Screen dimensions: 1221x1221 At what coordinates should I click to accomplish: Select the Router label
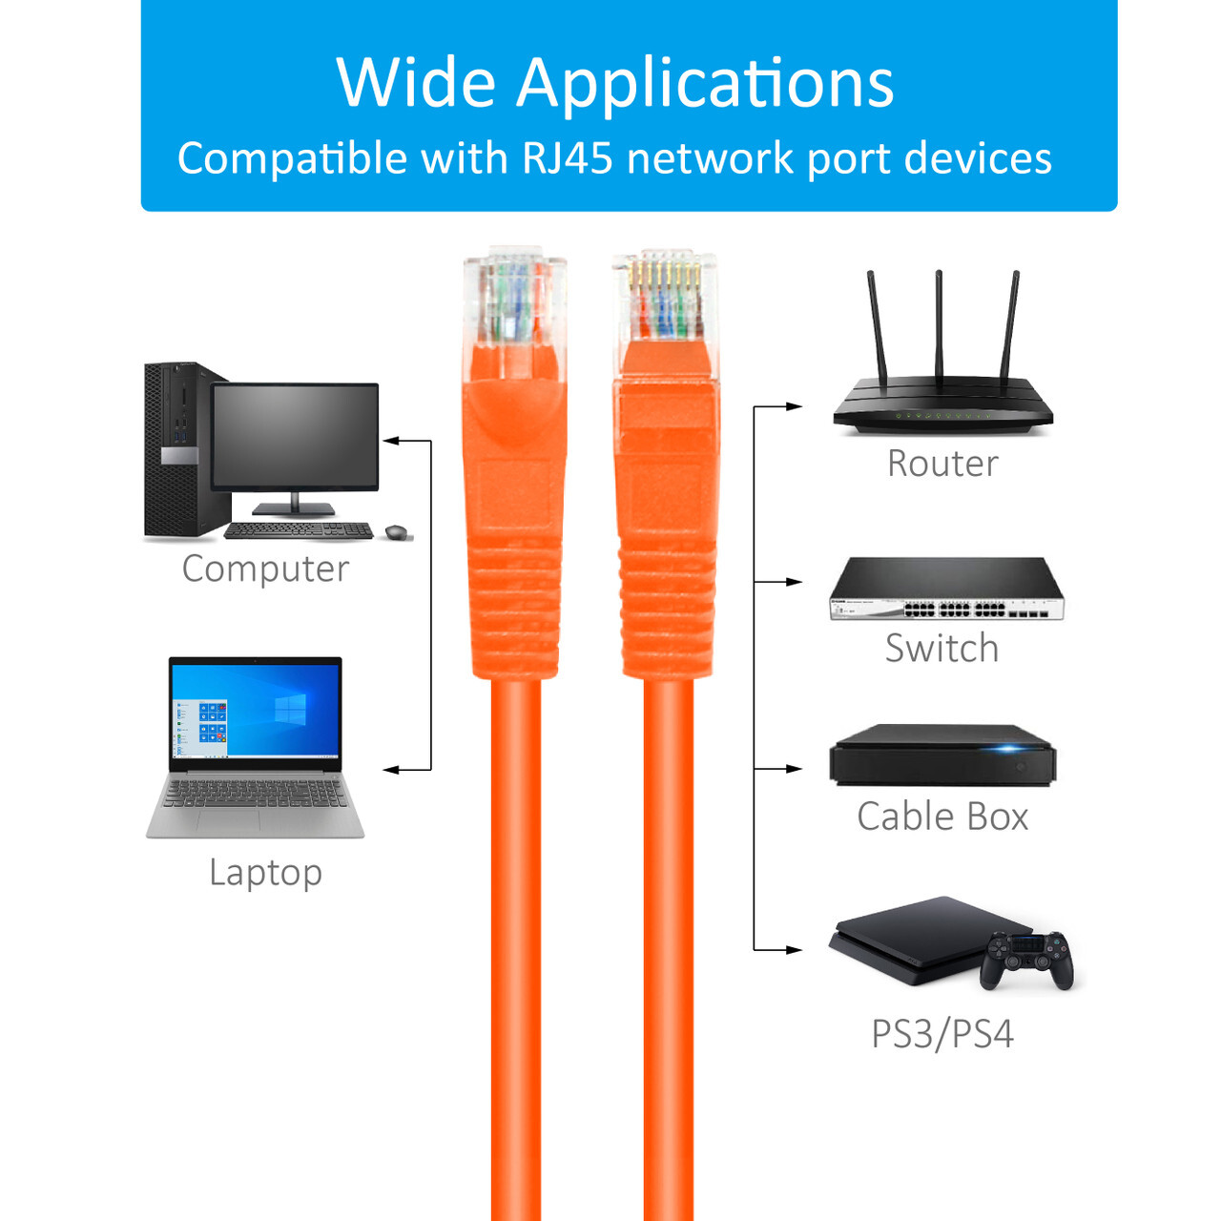point(942,464)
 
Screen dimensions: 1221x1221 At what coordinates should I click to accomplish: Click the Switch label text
point(942,649)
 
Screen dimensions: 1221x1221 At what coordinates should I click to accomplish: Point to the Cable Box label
point(942,817)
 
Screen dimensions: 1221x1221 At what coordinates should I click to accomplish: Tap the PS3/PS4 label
point(942,1034)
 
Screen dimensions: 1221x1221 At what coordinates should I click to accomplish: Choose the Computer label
point(265,569)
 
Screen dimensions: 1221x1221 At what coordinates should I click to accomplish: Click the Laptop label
point(265,872)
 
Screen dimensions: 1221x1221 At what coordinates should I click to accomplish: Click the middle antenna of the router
point(939,324)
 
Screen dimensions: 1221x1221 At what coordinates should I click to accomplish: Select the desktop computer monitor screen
point(295,436)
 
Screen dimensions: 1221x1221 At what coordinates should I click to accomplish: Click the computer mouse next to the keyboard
point(396,532)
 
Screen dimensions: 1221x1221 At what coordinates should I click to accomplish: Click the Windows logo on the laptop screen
point(290,708)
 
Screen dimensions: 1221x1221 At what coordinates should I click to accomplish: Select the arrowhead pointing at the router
point(794,406)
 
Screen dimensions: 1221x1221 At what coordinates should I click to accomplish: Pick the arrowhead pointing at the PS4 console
point(794,950)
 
